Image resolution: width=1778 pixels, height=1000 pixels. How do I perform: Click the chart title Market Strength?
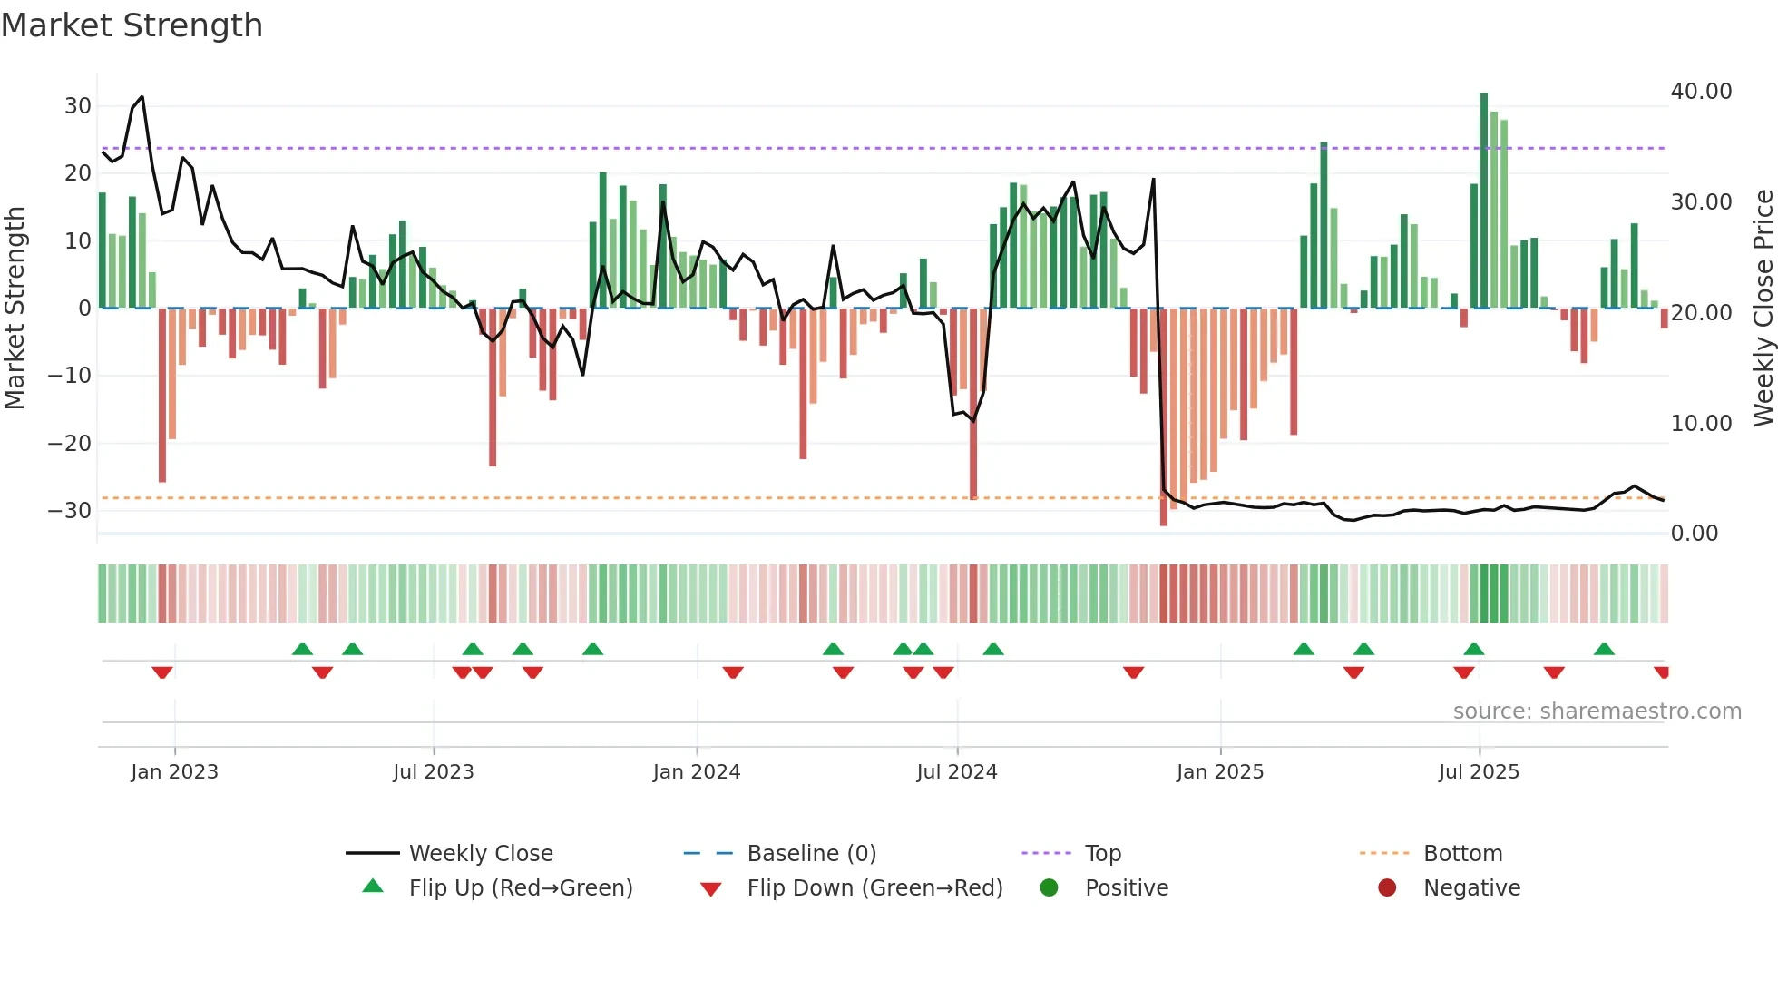pyautogui.click(x=132, y=25)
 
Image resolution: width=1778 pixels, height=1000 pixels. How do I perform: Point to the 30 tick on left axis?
pyautogui.click(x=77, y=106)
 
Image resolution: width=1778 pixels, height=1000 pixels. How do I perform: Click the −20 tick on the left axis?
pyautogui.click(x=70, y=444)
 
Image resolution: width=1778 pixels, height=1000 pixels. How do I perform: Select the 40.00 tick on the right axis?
pyautogui.click(x=1701, y=92)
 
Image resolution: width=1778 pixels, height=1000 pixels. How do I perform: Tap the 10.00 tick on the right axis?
pyautogui.click(x=1701, y=424)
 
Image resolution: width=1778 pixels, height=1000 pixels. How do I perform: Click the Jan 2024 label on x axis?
pyautogui.click(x=696, y=772)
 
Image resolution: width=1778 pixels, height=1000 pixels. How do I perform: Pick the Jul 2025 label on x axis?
pyautogui.click(x=1478, y=772)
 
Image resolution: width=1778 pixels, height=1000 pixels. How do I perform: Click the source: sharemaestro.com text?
pyautogui.click(x=1597, y=711)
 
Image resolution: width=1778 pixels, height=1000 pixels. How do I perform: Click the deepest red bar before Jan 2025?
pyautogui.click(x=1164, y=417)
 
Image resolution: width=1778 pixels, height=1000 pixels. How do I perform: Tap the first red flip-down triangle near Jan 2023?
pyautogui.click(x=162, y=672)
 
